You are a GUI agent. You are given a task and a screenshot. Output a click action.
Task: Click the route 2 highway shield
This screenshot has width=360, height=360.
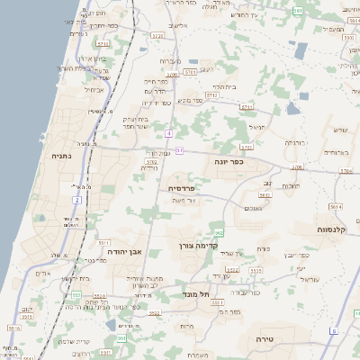pos(77,199)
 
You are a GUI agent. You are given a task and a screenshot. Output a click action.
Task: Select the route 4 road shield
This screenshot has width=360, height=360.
pos(168,133)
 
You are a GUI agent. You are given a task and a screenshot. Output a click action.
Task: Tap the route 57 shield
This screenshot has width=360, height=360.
pos(179,149)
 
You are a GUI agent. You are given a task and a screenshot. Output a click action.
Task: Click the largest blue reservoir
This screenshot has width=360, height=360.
pos(301,50)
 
